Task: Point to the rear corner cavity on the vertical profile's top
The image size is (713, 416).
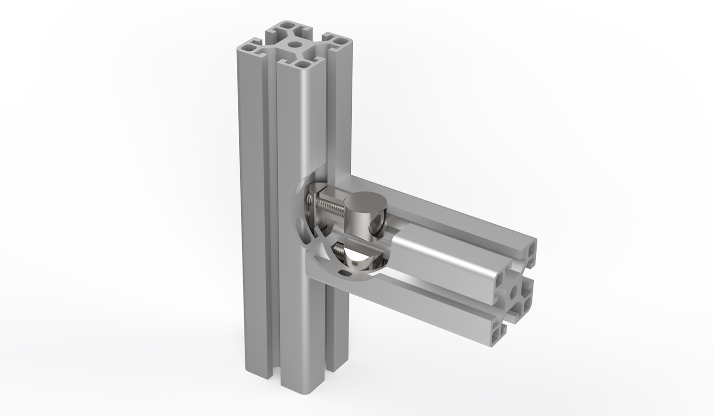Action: click(288, 26)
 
